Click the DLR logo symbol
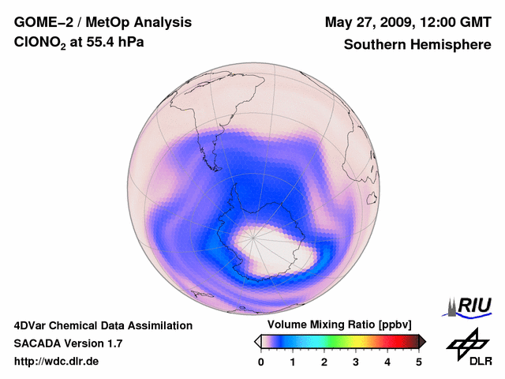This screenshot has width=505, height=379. coord(467,343)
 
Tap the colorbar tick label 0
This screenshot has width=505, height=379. coord(261,362)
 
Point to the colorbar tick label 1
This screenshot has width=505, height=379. coord(293,362)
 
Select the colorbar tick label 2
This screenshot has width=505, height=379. coord(324,362)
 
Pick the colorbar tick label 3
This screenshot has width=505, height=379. coord(356,362)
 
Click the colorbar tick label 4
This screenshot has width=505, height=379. coord(387,362)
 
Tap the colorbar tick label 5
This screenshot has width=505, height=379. coord(419,362)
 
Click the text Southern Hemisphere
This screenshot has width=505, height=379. coord(417,45)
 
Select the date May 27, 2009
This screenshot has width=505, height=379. coord(370,21)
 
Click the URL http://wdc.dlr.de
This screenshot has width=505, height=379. coord(57,362)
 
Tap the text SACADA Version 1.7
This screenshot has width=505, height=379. coord(68,344)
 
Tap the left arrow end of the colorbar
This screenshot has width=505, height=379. coord(257,341)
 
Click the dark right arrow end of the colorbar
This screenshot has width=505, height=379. coord(423,341)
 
